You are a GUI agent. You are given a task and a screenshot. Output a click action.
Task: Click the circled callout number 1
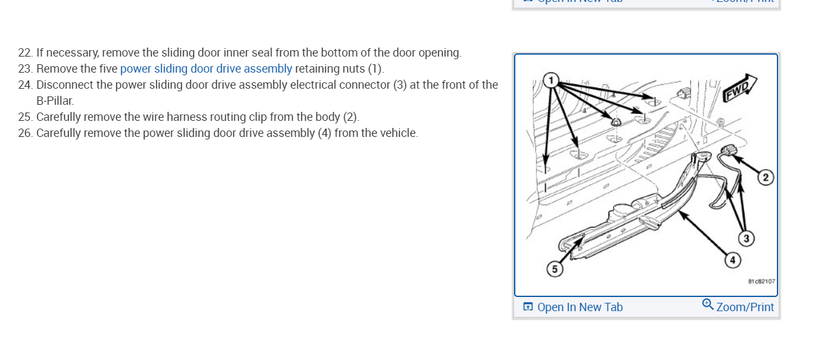(x=550, y=80)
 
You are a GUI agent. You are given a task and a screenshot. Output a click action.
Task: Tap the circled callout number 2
(x=765, y=177)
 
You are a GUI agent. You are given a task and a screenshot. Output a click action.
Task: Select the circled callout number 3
(x=745, y=239)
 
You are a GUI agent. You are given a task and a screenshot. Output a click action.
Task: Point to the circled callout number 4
(x=731, y=260)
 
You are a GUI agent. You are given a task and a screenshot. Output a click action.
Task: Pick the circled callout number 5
(x=553, y=269)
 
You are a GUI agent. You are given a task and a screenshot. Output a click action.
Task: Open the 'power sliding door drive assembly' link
(x=206, y=69)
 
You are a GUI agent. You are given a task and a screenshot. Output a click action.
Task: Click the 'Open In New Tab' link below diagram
(x=580, y=307)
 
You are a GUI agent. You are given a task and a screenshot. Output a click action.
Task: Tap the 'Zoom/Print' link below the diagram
(x=745, y=307)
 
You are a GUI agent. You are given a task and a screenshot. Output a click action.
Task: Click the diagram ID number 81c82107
(x=761, y=282)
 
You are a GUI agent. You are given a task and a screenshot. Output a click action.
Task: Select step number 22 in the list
(x=25, y=53)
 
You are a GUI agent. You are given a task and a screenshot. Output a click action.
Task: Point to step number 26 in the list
(x=25, y=133)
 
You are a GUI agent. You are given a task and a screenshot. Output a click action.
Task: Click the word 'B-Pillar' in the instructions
(x=55, y=101)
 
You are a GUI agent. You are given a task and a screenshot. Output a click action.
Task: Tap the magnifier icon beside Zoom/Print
(x=707, y=304)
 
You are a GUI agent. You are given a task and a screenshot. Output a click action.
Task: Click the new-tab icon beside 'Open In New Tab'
(x=528, y=307)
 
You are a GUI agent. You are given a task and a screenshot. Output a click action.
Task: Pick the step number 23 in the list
(x=25, y=69)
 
